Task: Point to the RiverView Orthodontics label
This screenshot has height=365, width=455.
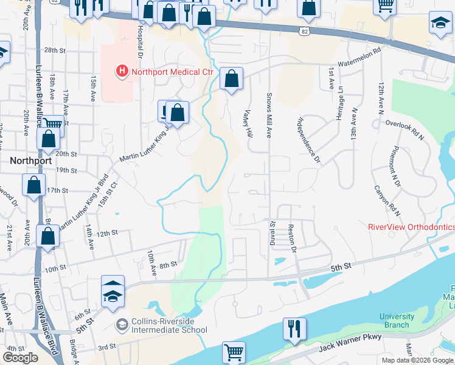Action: click(x=411, y=226)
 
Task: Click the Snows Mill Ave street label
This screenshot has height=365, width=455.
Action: click(x=268, y=115)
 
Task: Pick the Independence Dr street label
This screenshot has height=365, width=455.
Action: click(x=309, y=141)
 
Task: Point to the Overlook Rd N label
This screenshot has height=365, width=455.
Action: click(x=405, y=130)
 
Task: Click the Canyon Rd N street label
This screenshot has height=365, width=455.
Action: click(x=387, y=201)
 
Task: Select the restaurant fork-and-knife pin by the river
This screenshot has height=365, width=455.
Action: click(x=294, y=328)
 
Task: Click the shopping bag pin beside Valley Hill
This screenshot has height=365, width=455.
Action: click(x=231, y=78)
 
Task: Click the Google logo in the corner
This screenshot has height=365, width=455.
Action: click(x=20, y=357)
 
